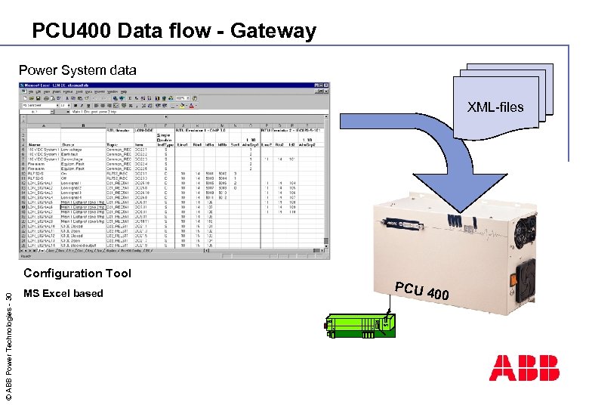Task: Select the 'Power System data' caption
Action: click(x=77, y=70)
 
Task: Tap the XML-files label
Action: click(x=495, y=107)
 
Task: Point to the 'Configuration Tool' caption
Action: click(x=77, y=274)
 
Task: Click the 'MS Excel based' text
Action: click(x=63, y=293)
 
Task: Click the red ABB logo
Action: click(x=524, y=367)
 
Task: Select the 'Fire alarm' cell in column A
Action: click(x=35, y=164)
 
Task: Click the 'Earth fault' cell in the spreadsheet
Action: click(x=72, y=154)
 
